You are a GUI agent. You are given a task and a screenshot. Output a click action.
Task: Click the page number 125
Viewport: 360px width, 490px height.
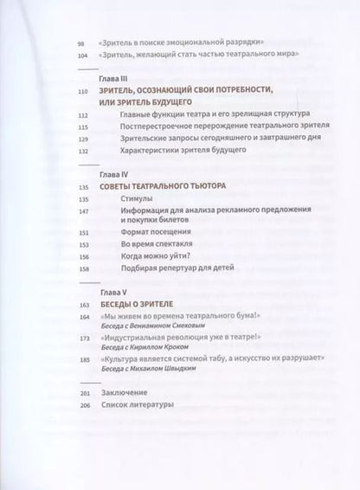pyautogui.click(x=82, y=138)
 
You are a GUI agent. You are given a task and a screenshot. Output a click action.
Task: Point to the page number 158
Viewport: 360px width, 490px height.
pyautogui.click(x=82, y=268)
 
